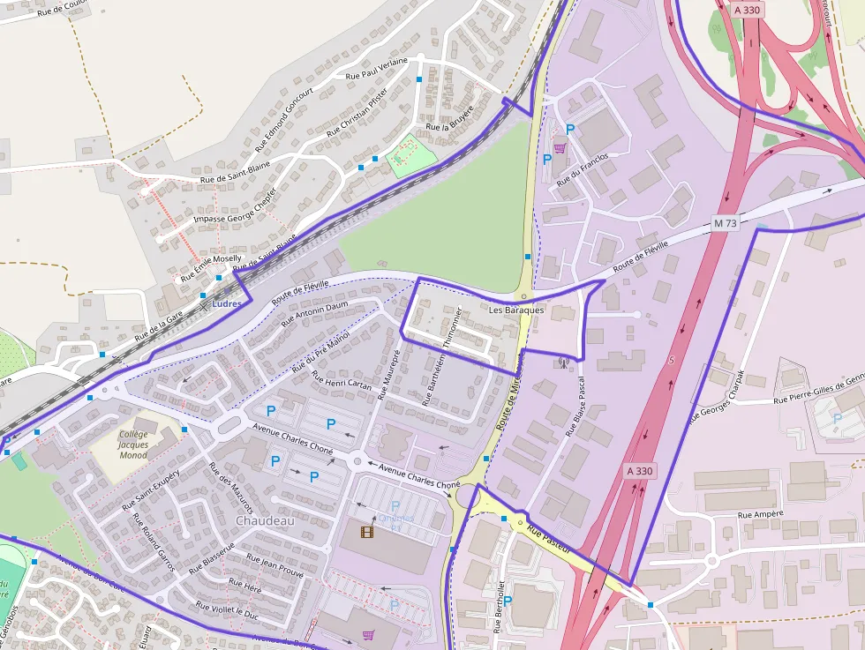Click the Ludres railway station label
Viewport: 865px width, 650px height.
(x=227, y=303)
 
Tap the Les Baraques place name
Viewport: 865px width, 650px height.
(x=516, y=310)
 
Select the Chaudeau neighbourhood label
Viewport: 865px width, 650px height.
(x=265, y=520)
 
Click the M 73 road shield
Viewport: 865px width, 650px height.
(x=725, y=224)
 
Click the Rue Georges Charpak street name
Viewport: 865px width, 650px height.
(x=716, y=392)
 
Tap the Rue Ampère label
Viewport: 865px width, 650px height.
(x=762, y=514)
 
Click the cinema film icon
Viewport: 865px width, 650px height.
(x=367, y=531)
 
